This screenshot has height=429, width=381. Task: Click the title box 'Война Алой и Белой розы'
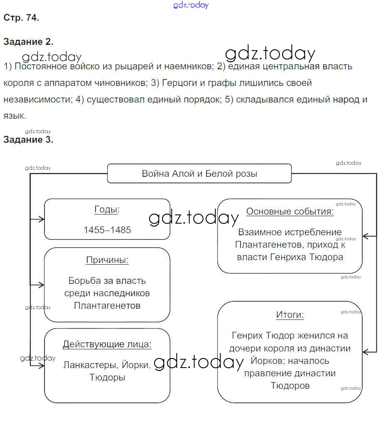coord(199,173)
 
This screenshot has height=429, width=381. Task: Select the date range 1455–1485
coord(107,230)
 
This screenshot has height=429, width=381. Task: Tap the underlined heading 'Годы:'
coord(107,210)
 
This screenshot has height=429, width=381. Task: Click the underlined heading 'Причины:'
coord(107,260)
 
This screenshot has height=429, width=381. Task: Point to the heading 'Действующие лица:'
coord(107,344)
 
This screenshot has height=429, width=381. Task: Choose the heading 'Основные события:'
coord(290,211)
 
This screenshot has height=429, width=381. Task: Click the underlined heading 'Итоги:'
coord(290,314)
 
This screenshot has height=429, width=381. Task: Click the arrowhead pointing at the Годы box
coord(41,219)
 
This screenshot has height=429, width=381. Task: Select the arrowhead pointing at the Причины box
coord(41,285)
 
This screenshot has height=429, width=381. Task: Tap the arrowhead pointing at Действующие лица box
coord(41,366)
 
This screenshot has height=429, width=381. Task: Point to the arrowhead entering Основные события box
coord(366,236)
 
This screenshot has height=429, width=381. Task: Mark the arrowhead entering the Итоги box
coord(366,352)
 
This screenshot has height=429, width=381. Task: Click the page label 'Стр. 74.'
coord(21,17)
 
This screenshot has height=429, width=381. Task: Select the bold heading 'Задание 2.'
coord(28,41)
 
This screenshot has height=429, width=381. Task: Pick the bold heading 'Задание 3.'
coord(28,140)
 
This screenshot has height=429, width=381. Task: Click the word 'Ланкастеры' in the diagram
coord(90,365)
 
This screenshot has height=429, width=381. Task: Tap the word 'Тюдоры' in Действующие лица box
coord(107,378)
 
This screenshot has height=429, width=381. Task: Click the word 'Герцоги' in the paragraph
coord(180,83)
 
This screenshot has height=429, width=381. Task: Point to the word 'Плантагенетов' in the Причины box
coord(107,305)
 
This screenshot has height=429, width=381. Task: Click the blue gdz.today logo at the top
coord(191,5)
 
